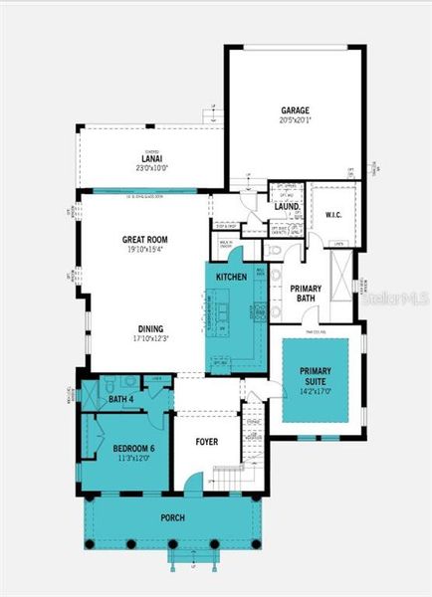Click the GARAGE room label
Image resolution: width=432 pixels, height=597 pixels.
296,110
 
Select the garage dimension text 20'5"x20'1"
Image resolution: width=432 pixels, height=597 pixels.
296,121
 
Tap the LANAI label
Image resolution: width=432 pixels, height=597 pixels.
152,158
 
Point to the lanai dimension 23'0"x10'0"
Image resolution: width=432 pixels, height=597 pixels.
152,168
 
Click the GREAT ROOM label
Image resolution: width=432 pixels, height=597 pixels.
143,240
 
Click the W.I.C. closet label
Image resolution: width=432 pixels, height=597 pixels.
333,212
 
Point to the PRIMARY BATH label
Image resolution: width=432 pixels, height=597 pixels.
305,295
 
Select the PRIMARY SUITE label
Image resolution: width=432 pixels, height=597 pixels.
315,376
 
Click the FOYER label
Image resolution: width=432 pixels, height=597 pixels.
207,441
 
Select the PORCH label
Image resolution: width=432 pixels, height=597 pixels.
173,517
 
